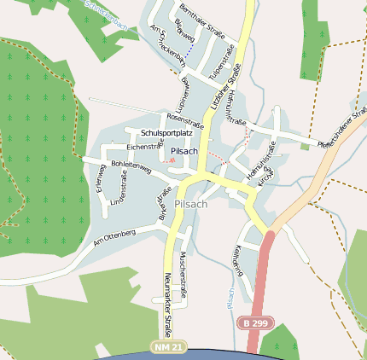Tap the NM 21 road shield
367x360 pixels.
169,348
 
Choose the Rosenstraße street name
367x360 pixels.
186,119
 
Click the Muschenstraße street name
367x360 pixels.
183,275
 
